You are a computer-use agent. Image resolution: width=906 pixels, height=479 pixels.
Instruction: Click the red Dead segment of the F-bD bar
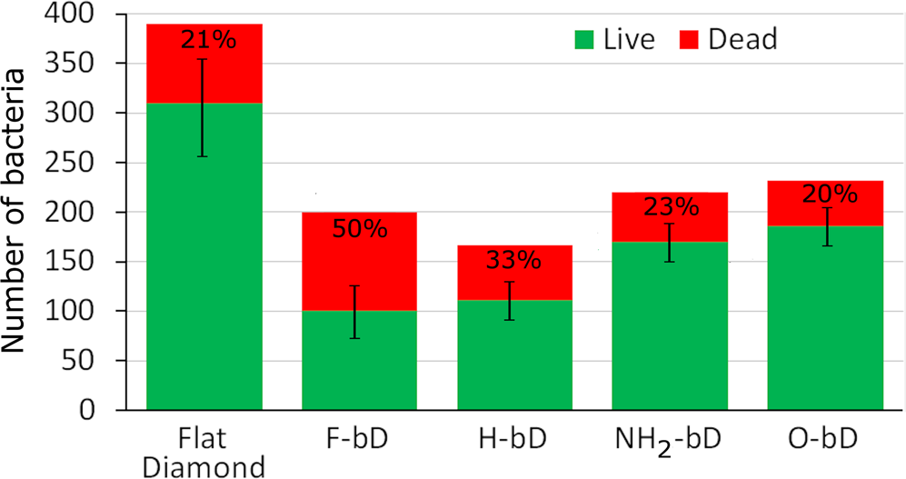[x=359, y=264]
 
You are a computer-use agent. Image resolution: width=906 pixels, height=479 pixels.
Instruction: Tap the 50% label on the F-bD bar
[x=359, y=228]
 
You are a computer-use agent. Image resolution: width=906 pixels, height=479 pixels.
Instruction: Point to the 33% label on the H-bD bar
[x=514, y=261]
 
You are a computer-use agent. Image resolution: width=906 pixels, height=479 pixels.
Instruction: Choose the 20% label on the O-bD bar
[x=825, y=195]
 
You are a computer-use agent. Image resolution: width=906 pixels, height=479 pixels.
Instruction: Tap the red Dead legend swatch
[x=692, y=39]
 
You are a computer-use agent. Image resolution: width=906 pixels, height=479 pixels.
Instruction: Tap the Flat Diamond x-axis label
[x=204, y=452]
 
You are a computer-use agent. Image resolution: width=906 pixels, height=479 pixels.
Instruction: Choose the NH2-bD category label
[x=669, y=439]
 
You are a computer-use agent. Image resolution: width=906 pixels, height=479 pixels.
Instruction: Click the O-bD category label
[x=825, y=437]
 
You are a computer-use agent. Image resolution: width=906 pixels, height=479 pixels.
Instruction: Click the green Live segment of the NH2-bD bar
[x=670, y=327]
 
